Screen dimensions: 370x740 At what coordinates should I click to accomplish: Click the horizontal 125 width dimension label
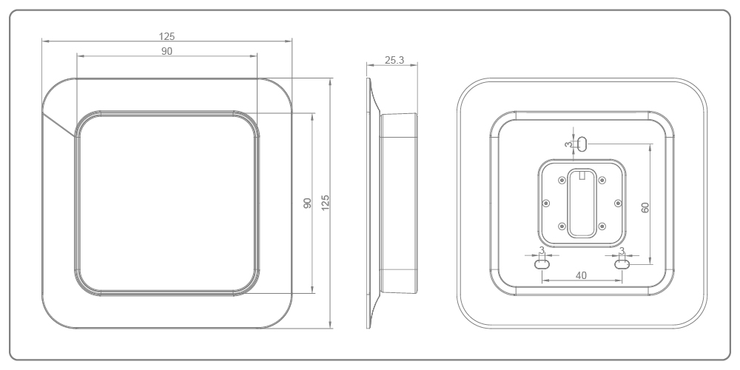pos(166,36)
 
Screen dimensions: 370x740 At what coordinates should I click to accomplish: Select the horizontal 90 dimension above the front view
pos(166,50)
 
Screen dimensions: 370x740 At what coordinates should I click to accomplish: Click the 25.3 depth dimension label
pos(394,60)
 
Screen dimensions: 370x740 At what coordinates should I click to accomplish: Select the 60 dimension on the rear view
pos(645,208)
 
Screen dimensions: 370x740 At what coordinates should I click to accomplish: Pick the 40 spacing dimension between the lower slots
pos(582,275)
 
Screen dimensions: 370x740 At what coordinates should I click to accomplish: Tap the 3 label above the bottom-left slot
pos(542,250)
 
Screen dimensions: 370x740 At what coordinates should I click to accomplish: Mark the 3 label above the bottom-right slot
pos(622,250)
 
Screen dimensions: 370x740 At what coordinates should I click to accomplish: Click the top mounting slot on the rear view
pos(582,144)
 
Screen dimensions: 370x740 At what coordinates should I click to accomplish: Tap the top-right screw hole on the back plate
pos(602,179)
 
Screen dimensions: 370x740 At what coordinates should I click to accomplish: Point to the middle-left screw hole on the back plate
pos(546,202)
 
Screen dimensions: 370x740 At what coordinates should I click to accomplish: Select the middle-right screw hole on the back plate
pos(618,202)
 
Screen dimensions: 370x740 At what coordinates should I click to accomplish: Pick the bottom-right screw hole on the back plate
pos(602,225)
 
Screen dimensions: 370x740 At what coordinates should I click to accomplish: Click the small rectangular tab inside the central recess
pos(582,176)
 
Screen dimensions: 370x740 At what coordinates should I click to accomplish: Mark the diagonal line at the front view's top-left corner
pos(59,124)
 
